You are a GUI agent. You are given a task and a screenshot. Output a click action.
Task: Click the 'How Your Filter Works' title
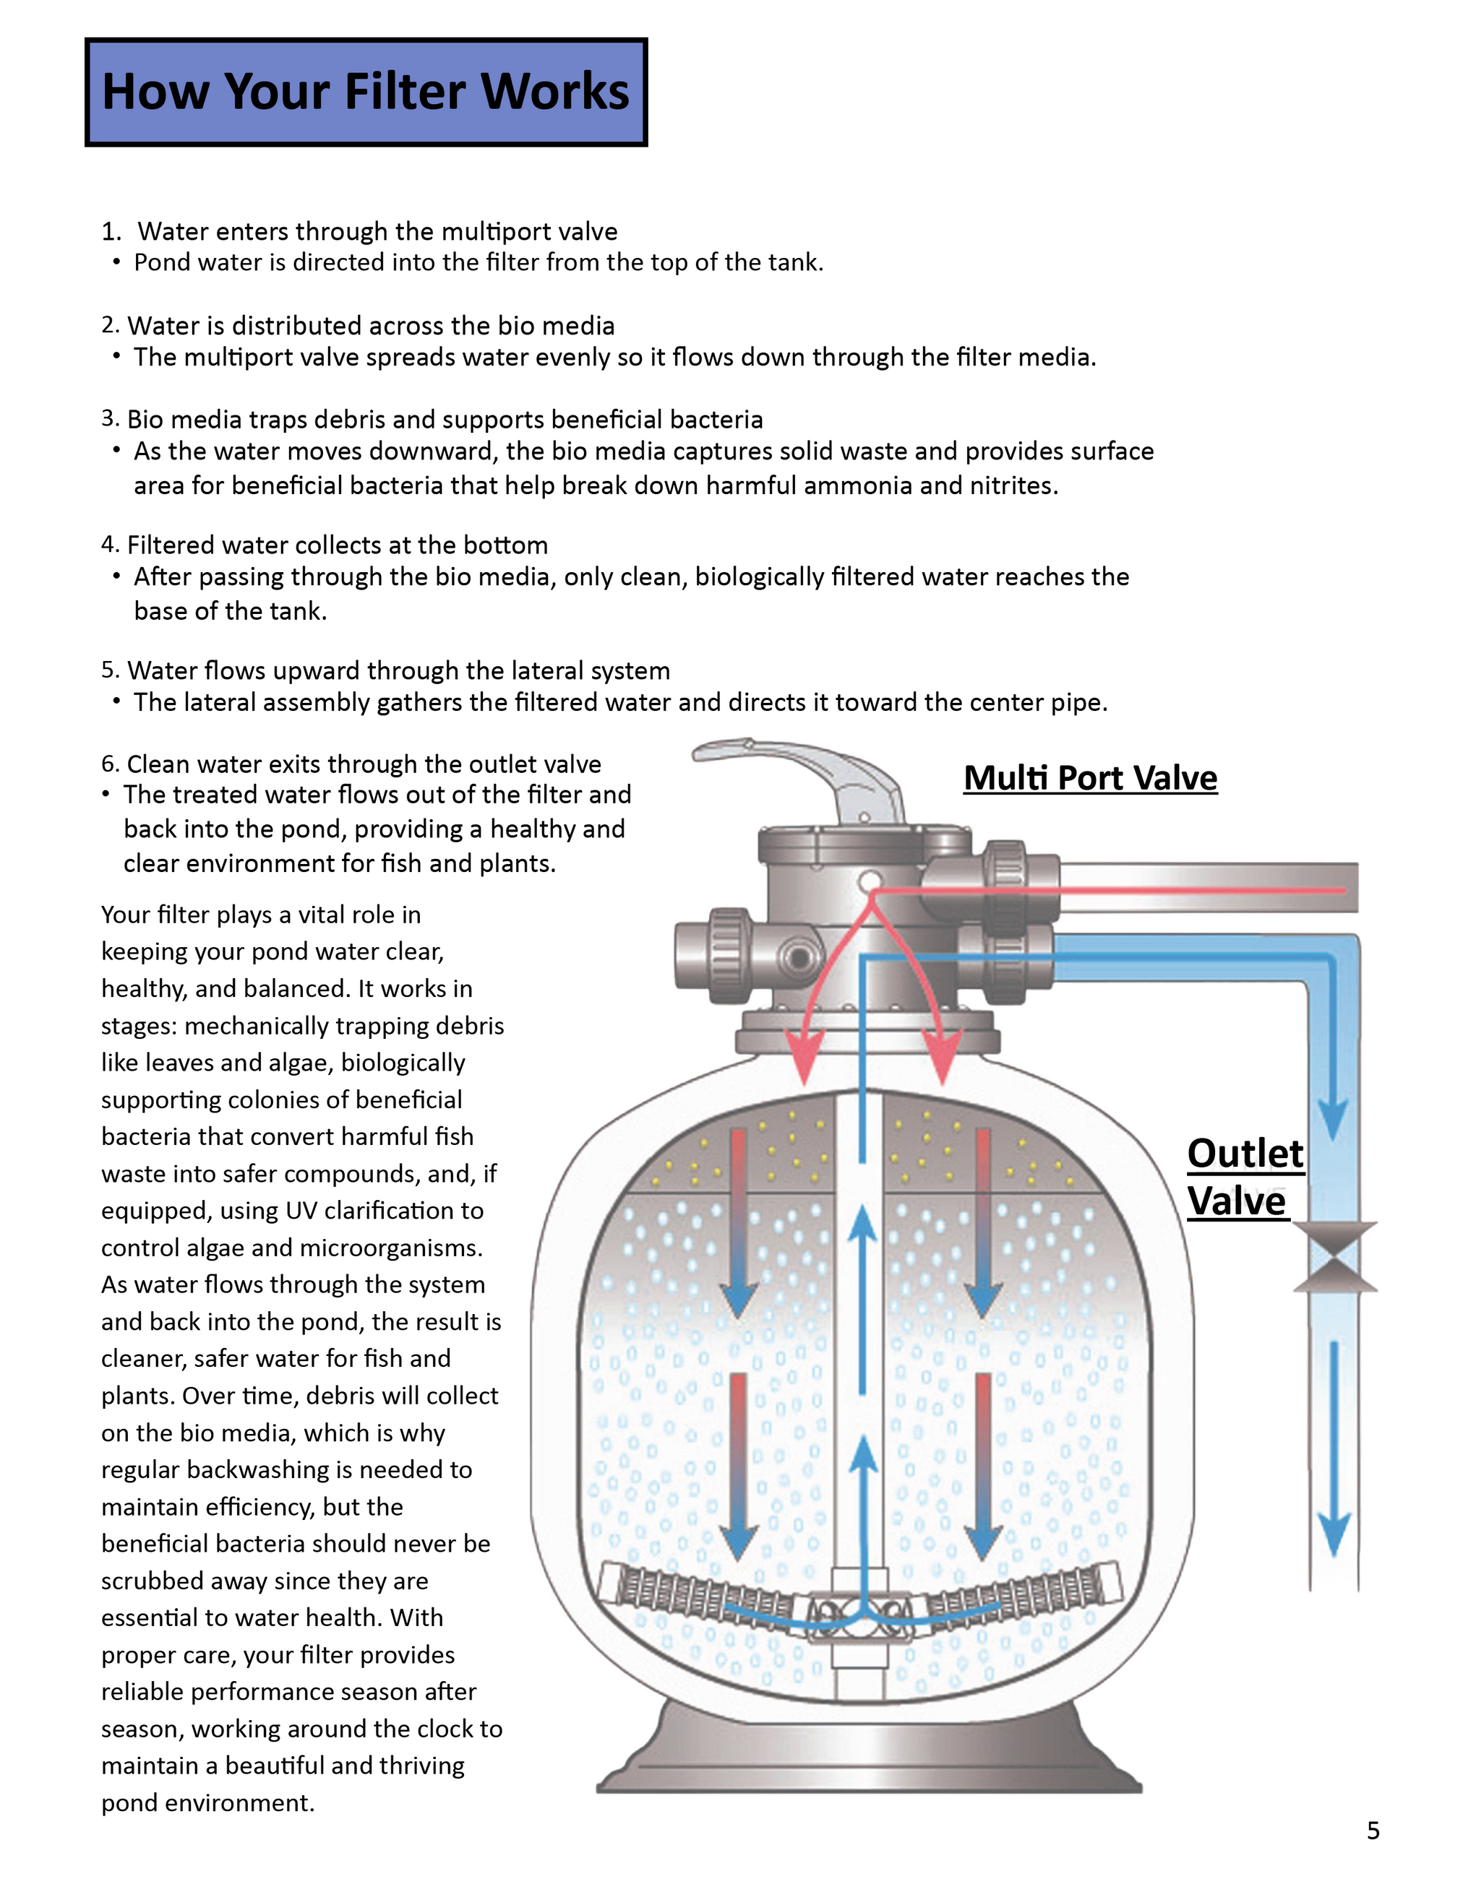365,92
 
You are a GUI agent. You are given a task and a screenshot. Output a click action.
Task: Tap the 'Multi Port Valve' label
1089,778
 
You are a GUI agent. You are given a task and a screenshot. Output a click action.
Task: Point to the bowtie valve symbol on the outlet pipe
1335,1257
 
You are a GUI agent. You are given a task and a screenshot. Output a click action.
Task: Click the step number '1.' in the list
111,231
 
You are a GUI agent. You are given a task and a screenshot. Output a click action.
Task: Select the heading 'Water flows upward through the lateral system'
399,670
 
